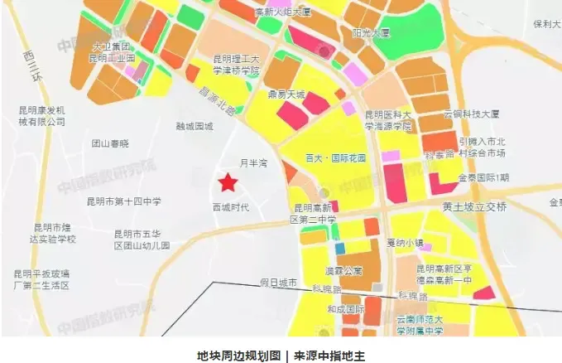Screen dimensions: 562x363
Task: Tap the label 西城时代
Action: click(x=231, y=206)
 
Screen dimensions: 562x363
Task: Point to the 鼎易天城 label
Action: click(x=285, y=94)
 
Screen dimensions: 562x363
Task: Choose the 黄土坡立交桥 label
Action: click(x=473, y=206)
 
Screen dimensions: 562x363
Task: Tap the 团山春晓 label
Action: click(x=110, y=143)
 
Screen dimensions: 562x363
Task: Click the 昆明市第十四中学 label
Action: click(x=124, y=201)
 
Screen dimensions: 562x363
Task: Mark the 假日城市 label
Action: click(x=277, y=283)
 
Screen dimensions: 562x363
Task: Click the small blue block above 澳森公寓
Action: click(x=339, y=248)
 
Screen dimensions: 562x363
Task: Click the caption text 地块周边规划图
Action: click(x=235, y=354)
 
